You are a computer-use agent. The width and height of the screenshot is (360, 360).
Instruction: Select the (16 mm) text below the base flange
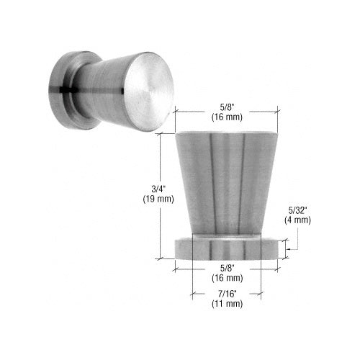[227, 276]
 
